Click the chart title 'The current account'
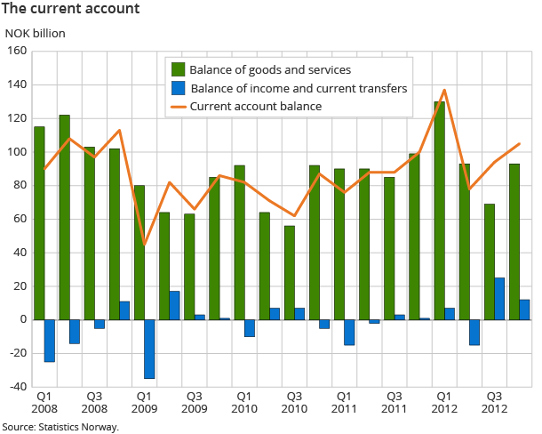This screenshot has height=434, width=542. coord(70,10)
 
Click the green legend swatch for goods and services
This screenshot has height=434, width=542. coord(177,69)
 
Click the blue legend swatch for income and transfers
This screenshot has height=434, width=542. coord(177,88)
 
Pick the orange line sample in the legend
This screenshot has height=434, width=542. coord(177,106)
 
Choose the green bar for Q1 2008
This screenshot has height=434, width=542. coord(39,223)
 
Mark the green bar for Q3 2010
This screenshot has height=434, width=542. coord(289,273)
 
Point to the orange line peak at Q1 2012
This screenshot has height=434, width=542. coord(444,90)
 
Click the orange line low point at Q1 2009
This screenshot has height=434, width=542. coord(144,245)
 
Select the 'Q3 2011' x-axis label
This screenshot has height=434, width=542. coord(394,402)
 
